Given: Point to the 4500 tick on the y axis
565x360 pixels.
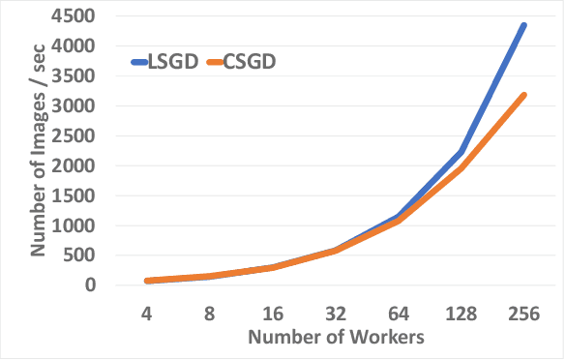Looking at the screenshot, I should pos(78,16).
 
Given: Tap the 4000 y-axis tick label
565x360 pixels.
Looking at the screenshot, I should pos(78,46).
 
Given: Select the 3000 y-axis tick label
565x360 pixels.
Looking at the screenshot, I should pos(78,106).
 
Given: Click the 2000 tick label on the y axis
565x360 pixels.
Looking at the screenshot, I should pos(78,166).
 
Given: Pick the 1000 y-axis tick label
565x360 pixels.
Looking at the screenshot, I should pos(78,225).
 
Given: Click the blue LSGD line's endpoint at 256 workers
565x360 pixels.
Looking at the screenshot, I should pos(524,25).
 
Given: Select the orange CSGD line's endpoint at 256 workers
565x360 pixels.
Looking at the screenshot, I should pos(524,95).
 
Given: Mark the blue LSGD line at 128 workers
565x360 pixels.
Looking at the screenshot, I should pos(462,152).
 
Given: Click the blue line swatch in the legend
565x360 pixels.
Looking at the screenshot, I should pos(141,63).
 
